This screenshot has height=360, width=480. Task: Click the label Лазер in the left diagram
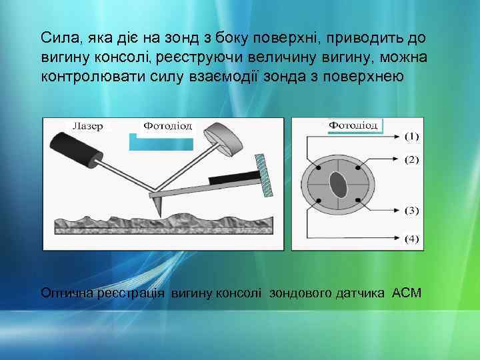[87, 127]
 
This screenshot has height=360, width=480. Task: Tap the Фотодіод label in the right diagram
[354, 125]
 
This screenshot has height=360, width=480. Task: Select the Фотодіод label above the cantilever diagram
[168, 125]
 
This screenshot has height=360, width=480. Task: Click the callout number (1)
[412, 136]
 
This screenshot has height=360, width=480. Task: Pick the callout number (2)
[412, 160]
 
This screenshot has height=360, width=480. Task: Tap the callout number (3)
[412, 211]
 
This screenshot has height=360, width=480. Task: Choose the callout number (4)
[412, 239]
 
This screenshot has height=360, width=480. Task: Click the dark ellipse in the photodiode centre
[339, 185]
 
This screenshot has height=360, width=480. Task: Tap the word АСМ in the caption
[407, 293]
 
